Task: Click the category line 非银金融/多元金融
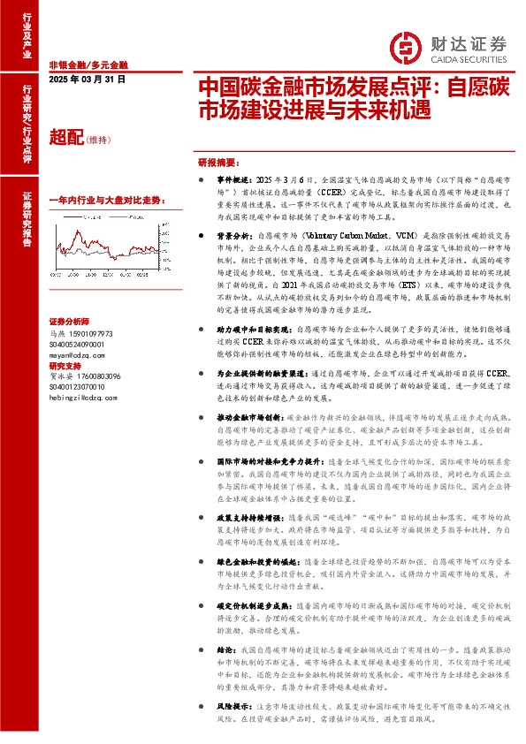point(88,65)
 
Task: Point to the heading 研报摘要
point(217,163)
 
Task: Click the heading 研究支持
point(65,364)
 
